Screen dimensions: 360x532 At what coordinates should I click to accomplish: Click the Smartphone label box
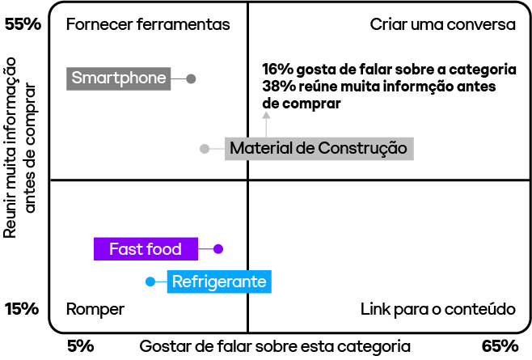[x=119, y=78]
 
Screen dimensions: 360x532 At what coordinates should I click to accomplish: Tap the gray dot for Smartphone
[x=191, y=78]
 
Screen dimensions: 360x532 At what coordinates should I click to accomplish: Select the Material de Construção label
[x=318, y=149]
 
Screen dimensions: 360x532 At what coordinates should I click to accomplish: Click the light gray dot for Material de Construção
[x=205, y=149]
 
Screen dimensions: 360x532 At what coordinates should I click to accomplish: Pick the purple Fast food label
[x=146, y=249]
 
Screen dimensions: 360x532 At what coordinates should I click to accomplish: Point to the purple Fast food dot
[x=217, y=249]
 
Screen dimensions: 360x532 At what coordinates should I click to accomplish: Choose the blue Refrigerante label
[x=218, y=282]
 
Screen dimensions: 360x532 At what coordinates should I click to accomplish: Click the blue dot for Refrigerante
[x=150, y=282]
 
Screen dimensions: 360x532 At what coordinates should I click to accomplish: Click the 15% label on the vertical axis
[x=23, y=309]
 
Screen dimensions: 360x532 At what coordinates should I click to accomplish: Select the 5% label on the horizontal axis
[x=81, y=346]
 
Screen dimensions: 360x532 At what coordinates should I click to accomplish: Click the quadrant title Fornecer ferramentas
[x=148, y=24]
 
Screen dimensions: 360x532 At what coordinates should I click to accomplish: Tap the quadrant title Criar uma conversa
[x=442, y=24]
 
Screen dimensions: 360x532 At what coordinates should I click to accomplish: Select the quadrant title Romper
[x=95, y=309]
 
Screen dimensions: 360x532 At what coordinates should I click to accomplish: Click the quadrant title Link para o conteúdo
[x=437, y=309]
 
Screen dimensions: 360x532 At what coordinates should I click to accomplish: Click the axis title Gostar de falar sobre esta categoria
[x=275, y=346]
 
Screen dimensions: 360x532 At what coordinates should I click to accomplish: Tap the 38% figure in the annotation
[x=276, y=87]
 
